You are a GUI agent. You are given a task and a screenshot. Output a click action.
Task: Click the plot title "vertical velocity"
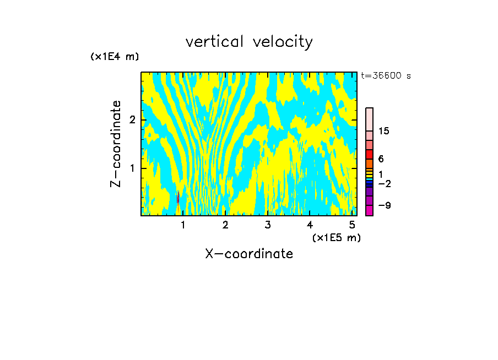[249, 42]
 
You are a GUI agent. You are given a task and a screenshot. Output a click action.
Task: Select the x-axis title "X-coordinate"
[249, 254]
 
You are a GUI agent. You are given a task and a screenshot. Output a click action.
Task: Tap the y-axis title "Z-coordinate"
[116, 144]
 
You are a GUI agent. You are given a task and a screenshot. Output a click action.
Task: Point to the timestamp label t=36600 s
[386, 76]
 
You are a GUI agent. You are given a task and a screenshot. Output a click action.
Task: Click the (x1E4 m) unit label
[115, 57]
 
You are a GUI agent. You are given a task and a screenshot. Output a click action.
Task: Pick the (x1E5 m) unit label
[336, 237]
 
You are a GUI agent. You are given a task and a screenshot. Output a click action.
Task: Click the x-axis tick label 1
[183, 225]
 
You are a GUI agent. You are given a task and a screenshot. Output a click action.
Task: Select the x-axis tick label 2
[225, 225]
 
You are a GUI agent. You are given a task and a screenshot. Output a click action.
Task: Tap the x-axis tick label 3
[268, 225]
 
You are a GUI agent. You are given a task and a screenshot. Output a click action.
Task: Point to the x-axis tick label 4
[310, 225]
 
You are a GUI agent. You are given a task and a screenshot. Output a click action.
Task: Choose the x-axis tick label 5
[352, 225]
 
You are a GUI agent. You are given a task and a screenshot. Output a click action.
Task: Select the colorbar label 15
[384, 131]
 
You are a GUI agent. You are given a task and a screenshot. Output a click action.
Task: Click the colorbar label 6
[381, 159]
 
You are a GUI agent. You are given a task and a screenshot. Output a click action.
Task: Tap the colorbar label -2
[384, 183]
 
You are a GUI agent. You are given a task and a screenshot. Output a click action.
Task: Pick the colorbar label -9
[384, 205]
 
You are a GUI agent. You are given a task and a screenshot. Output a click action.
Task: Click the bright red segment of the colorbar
[370, 154]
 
